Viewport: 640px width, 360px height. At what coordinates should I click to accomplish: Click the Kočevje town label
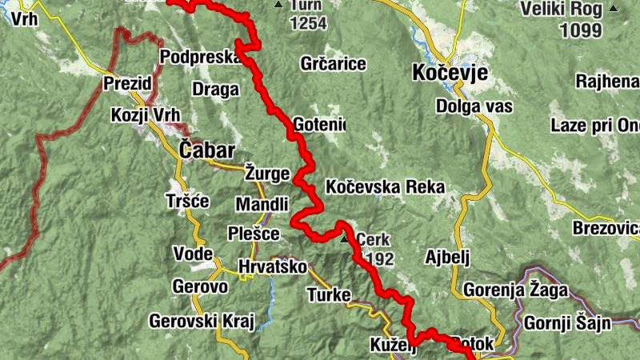[449, 72]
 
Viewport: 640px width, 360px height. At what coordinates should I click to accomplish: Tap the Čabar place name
[206, 150]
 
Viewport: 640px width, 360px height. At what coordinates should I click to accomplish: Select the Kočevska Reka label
[385, 187]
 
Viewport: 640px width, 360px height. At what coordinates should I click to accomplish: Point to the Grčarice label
[333, 63]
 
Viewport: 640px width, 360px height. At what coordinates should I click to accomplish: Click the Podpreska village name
[198, 57]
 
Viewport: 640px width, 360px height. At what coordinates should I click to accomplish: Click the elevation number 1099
[581, 30]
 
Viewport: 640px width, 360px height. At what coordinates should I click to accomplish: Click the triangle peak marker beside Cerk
[345, 238]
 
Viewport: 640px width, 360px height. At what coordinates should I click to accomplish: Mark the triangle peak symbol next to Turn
[278, 6]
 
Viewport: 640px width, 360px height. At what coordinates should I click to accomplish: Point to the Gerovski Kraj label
[201, 322]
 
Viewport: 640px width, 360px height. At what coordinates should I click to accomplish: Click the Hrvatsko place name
[272, 267]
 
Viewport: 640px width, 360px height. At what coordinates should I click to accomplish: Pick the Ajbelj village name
[446, 257]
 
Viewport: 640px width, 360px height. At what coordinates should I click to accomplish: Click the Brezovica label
[606, 228]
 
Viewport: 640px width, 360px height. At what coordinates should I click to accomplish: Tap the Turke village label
[329, 295]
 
